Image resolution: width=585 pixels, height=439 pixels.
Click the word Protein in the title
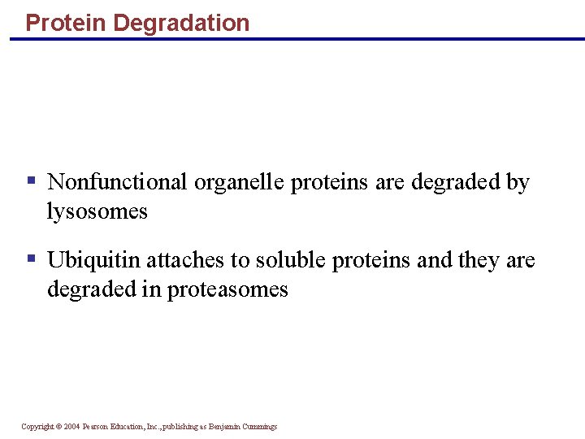pos(67,23)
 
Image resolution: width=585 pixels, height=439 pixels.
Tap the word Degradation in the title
pos(181,23)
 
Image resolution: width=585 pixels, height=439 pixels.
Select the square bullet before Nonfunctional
pos(31,180)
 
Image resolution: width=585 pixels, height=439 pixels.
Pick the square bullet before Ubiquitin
pos(31,259)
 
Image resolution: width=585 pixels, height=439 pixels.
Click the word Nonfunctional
pos(118,182)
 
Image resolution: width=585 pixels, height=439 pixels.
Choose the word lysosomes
pos(97,212)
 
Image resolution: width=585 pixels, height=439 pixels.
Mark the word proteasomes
pos(227,289)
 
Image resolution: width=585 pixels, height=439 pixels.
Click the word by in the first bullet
pos(518,182)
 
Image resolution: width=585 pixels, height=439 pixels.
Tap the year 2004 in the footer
pos(71,427)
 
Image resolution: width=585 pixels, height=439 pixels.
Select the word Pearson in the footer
pos(95,427)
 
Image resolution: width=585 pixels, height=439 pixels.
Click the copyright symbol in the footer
pos(58,427)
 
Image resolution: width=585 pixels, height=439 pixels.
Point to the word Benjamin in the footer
pos(222,427)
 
